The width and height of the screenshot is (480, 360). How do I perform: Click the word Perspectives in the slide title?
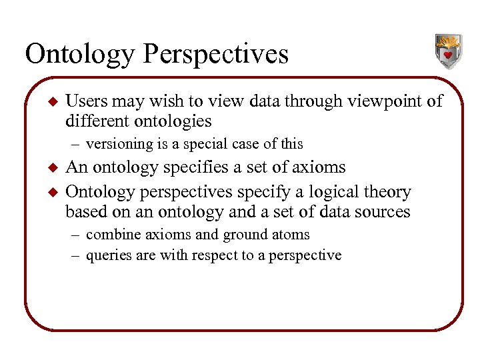pyautogui.click(x=213, y=54)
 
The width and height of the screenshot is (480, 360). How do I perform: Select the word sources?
pyautogui.click(x=385, y=212)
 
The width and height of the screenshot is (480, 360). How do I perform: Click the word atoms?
pyautogui.click(x=289, y=235)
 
